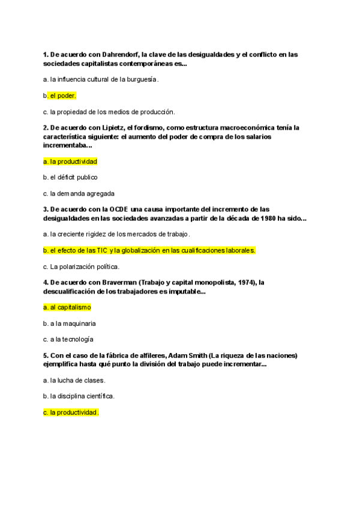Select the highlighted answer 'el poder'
[x=63, y=95]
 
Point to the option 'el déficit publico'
[x=73, y=178]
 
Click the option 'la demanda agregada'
[x=82, y=194]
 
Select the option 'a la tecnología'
[x=72, y=340]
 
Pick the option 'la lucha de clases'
[x=77, y=380]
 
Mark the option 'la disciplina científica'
[x=82, y=396]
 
